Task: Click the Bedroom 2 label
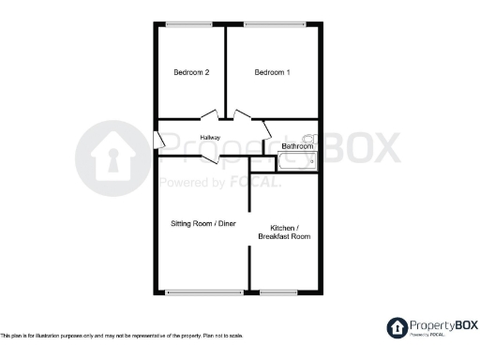[190, 72]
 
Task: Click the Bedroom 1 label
[272, 72]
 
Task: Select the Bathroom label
[296, 146]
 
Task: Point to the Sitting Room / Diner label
[202, 223]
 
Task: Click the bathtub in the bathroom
[298, 162]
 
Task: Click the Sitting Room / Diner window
[203, 292]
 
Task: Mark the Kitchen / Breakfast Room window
[278, 292]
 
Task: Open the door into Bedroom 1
[243, 115]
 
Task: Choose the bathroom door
[265, 129]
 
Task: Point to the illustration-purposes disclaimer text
[122, 336]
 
